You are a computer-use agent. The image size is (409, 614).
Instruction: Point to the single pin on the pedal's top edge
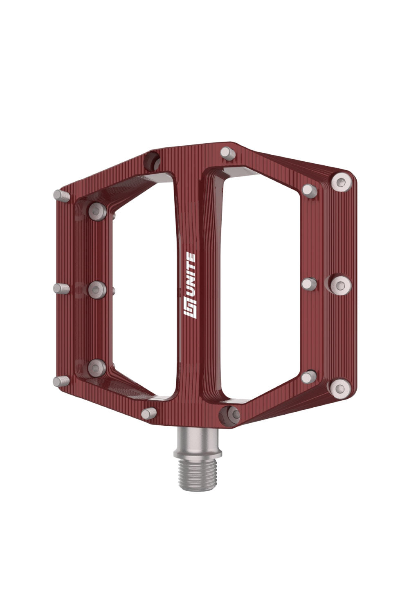(228, 153)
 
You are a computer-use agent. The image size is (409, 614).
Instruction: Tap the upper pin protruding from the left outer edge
(62, 195)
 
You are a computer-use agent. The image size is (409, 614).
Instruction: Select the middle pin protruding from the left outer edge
(62, 289)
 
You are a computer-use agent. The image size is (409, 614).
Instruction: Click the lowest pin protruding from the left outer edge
(61, 381)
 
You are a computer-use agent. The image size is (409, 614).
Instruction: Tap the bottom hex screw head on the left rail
(97, 367)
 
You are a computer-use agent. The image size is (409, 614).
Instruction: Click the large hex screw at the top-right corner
(342, 182)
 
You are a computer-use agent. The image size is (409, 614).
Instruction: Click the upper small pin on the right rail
(310, 190)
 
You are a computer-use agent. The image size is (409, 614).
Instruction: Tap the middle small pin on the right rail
(309, 284)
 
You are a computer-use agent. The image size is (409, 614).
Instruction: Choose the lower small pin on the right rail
(309, 377)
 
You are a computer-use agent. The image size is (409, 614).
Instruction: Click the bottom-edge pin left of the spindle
(149, 413)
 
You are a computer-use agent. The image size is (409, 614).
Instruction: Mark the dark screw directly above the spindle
(229, 415)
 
